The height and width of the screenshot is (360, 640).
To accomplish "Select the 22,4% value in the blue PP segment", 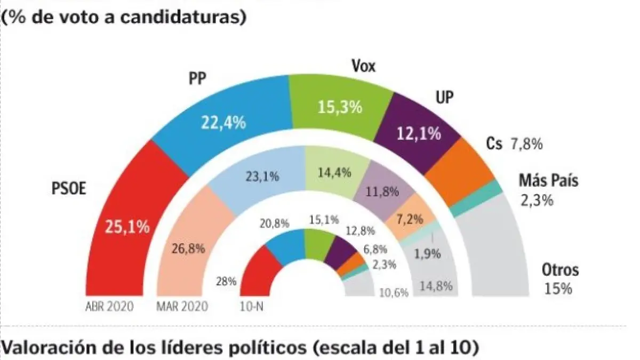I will click(x=223, y=123).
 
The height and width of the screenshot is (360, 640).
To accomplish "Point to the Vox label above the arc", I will click(x=364, y=67).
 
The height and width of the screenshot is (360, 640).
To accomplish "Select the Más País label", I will click(x=548, y=180).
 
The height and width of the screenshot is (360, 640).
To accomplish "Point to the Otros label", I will click(x=560, y=270).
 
